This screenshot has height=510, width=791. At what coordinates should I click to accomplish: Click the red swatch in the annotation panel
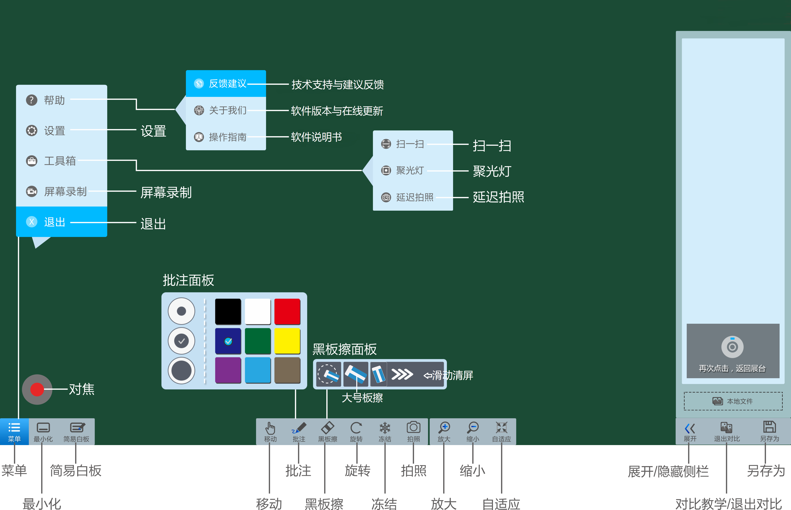coord(287,311)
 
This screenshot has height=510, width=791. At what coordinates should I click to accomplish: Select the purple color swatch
coord(228,370)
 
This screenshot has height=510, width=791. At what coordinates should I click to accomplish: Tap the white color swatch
coord(258,311)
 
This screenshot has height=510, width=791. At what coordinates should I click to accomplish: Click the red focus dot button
coord(37,389)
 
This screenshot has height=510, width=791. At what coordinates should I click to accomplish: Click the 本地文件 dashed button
coord(733,401)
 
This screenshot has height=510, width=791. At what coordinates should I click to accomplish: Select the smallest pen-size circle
coord(181,311)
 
